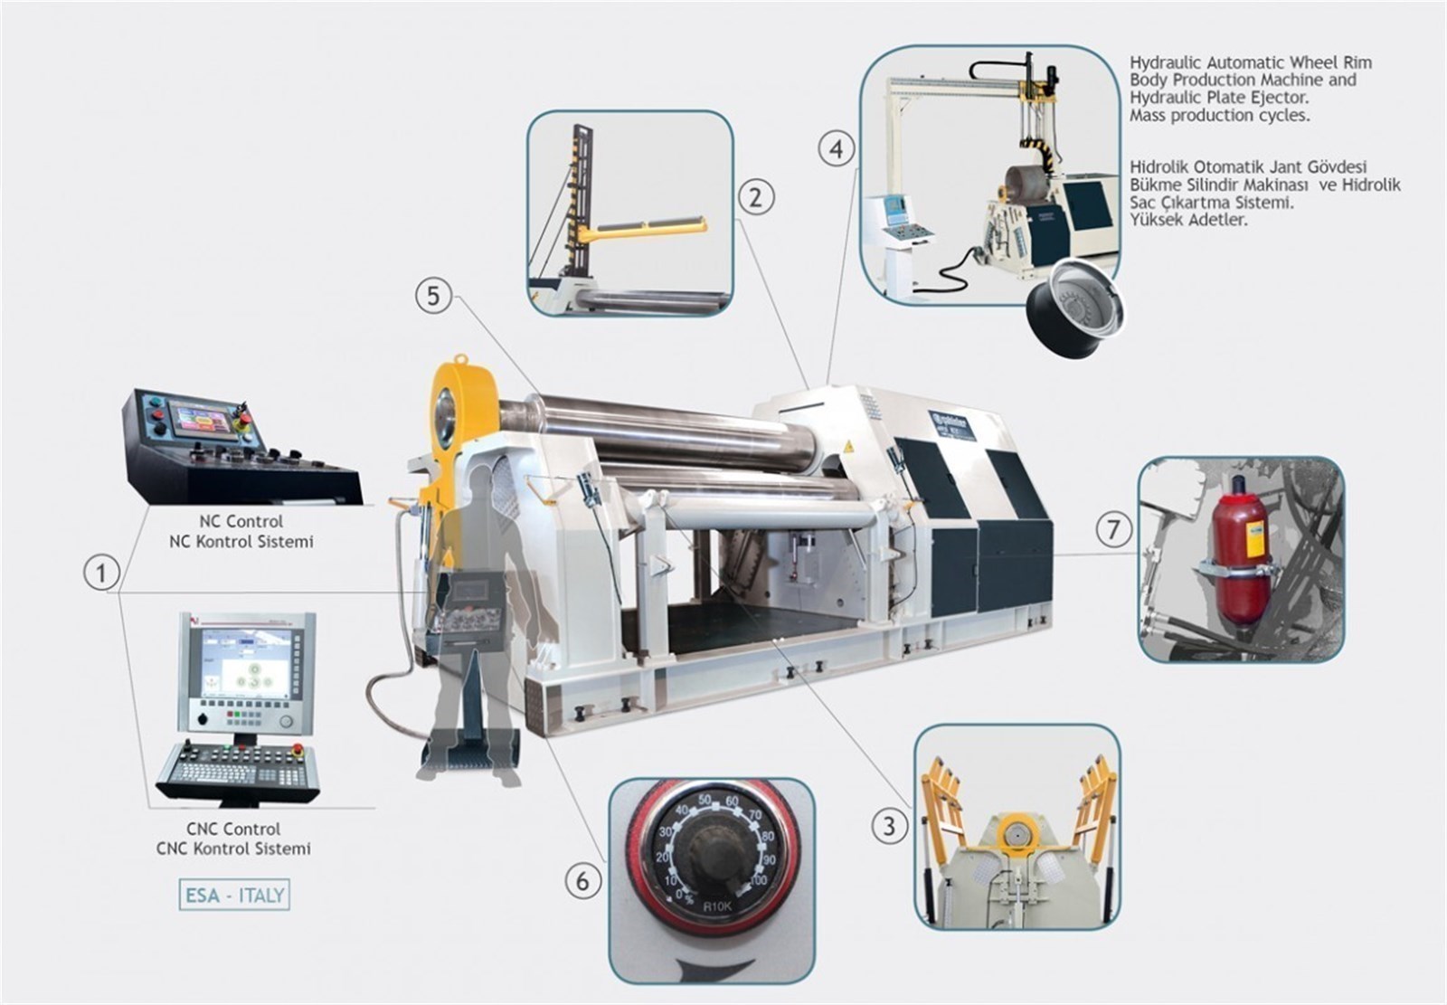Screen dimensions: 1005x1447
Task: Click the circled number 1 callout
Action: coord(101,573)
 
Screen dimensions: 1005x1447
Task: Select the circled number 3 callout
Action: coord(889,825)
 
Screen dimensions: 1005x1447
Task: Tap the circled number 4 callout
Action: coord(837,147)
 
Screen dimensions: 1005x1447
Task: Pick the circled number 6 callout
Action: coord(582,880)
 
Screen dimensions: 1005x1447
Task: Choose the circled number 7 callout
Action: coord(1112,529)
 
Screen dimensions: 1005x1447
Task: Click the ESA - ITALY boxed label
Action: coord(234,896)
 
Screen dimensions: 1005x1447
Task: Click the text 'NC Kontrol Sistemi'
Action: coord(241,542)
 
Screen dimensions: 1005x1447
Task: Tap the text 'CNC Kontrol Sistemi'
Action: coord(233,849)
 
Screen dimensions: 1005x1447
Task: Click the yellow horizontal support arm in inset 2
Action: coord(643,227)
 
